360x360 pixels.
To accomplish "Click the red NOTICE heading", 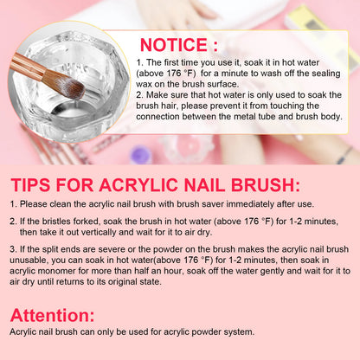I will pyautogui.click(x=179, y=44).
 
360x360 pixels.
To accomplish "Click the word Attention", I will pyautogui.click(x=54, y=315).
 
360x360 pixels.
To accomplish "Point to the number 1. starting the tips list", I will pyautogui.click(x=13, y=203).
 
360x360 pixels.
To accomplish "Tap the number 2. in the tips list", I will pyautogui.click(x=13, y=221).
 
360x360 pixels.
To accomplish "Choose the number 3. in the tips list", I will pyautogui.click(x=13, y=249).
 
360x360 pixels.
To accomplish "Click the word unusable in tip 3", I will pyautogui.click(x=40, y=260).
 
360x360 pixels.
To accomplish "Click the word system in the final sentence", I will pyautogui.click(x=233, y=332).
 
